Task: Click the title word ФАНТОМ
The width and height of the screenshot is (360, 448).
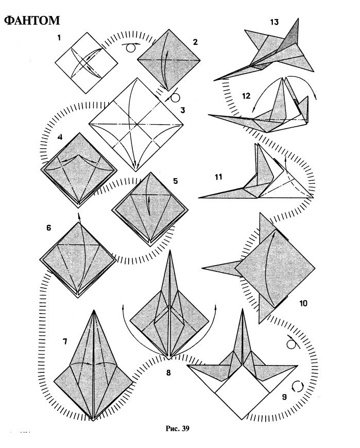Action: point(32,21)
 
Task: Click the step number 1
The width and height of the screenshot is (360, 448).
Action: point(59,38)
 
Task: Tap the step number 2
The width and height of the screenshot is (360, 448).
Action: point(195,42)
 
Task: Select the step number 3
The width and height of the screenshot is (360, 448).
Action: point(182,110)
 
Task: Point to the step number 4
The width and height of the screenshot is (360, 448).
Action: point(60,137)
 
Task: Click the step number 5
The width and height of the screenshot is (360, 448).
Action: point(175,181)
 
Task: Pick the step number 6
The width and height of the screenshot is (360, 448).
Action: point(48,228)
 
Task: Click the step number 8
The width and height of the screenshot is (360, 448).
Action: point(168,372)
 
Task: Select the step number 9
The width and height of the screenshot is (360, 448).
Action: point(284,397)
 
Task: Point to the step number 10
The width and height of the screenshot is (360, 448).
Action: point(303,303)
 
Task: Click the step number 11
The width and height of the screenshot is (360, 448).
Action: point(218,177)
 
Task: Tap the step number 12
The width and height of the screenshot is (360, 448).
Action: point(246,96)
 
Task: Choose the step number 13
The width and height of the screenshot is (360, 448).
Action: point(274,22)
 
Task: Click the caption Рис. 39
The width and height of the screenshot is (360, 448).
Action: point(178,428)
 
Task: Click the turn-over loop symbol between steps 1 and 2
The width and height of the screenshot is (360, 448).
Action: point(131,47)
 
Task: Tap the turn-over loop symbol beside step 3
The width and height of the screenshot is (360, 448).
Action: point(173,97)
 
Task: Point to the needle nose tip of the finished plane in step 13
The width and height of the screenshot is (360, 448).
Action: point(214,80)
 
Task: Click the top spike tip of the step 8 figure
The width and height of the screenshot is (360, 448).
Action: point(170,251)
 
